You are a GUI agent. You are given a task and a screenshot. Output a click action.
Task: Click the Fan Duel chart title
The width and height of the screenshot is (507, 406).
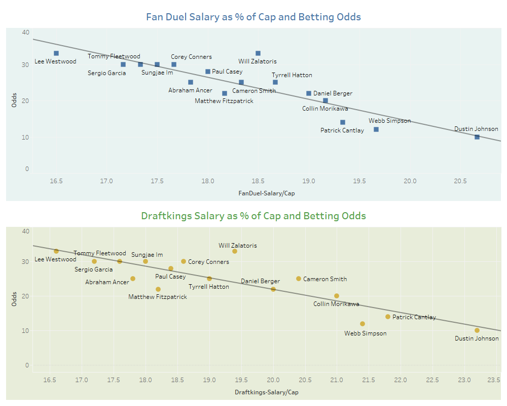click(253, 17)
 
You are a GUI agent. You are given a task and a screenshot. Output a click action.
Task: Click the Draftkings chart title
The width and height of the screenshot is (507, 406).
click(253, 216)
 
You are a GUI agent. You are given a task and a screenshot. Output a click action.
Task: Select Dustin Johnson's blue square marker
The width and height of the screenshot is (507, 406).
click(477, 137)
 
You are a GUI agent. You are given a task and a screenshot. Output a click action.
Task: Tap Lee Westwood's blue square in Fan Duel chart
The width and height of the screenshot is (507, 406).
click(56, 53)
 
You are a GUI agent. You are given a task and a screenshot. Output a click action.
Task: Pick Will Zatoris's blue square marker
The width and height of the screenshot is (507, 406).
click(258, 53)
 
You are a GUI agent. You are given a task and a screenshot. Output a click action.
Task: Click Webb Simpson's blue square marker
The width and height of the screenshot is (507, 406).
click(376, 129)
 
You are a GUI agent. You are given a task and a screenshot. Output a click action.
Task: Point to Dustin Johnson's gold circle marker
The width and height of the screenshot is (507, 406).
click(477, 330)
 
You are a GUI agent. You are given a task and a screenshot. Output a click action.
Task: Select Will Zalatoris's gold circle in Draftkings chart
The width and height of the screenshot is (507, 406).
click(235, 251)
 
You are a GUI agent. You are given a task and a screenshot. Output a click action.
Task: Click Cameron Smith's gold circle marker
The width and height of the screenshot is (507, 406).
click(299, 279)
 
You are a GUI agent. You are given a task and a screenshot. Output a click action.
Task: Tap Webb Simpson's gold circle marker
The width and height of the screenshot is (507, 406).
click(363, 324)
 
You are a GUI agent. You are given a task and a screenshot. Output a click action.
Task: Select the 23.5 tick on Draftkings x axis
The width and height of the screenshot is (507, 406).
click(497, 379)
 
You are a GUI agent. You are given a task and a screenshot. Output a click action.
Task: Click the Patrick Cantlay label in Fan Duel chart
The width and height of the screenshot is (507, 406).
click(342, 130)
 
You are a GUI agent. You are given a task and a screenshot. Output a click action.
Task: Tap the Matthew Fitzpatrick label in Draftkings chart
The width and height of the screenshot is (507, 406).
click(158, 297)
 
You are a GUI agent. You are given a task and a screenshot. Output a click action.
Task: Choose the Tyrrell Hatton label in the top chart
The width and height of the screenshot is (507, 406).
click(292, 75)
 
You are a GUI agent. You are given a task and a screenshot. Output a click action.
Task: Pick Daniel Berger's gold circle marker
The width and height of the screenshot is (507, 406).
click(273, 289)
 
